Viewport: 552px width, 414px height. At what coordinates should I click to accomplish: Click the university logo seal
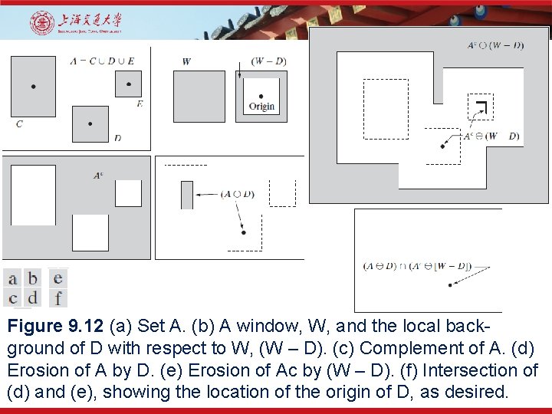(42, 23)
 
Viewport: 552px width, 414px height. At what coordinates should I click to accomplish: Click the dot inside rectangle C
(33, 87)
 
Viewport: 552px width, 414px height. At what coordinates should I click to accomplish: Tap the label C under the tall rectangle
(19, 123)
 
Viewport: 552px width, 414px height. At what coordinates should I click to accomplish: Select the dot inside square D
(90, 123)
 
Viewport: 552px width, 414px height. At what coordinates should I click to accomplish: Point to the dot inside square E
(129, 84)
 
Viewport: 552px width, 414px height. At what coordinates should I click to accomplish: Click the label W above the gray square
(186, 61)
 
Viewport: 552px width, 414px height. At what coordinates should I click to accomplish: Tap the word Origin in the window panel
(261, 107)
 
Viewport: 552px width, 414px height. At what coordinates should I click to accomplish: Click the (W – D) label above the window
(269, 61)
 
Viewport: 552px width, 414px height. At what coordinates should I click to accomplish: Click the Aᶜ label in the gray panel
(98, 176)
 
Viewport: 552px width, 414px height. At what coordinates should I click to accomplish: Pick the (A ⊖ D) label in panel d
(237, 195)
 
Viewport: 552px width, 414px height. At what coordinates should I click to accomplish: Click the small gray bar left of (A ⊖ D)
(186, 195)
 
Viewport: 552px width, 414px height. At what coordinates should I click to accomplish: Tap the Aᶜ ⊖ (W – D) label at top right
(495, 45)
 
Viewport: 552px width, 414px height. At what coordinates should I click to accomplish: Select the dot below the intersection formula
(449, 284)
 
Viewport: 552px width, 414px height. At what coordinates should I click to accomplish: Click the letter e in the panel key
(58, 278)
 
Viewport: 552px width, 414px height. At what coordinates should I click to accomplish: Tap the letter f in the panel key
(58, 298)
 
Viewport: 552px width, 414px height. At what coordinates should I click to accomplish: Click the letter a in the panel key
(12, 278)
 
